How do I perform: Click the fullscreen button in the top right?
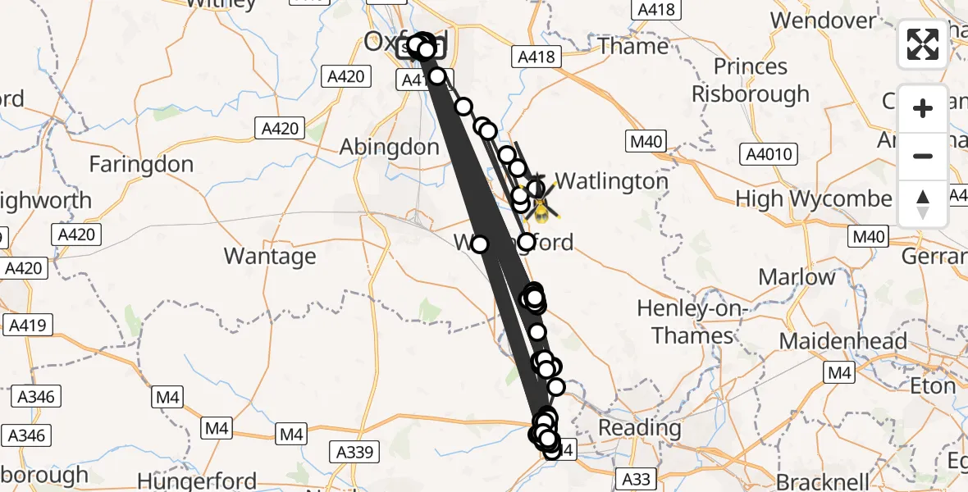pos(923,44)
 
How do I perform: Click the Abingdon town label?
pos(390,148)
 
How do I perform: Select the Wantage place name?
pos(270,257)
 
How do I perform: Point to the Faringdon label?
pos(141,164)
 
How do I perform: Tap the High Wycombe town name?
pos(814,198)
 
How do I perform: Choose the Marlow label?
pos(796,277)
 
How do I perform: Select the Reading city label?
pos(640,427)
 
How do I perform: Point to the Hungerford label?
pos(197,481)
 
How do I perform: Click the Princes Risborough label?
pos(751,80)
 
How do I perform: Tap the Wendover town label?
pos(824,20)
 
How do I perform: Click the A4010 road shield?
pos(767,154)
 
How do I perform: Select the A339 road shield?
pos(355,452)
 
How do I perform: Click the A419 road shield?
pos(28,326)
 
